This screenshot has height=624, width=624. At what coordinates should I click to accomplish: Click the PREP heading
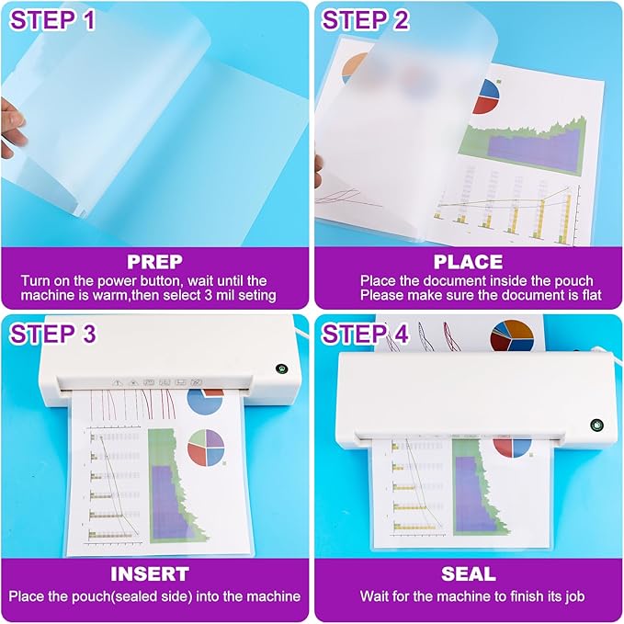coord(155,261)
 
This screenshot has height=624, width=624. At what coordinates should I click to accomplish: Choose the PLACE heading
coord(468,261)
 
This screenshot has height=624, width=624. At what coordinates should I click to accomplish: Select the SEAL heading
coord(468,574)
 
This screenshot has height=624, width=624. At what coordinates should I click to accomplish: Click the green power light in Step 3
coord(279,370)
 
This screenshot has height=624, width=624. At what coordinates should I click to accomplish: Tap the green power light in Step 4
coord(596,426)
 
